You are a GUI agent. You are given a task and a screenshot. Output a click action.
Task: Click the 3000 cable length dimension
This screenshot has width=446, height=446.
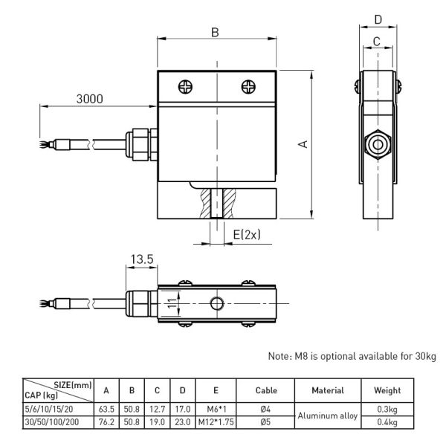click(88, 99)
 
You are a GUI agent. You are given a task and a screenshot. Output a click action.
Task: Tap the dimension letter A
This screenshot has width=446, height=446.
click(303, 143)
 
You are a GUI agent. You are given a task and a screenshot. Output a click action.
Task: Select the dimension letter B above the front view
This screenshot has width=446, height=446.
click(215, 32)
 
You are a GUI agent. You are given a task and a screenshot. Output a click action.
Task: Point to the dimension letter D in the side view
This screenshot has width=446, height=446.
click(378, 19)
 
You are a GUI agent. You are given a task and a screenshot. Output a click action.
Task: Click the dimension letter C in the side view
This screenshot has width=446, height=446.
click(377, 42)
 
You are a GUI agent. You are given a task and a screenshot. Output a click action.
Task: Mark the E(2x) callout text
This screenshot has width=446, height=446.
click(247, 235)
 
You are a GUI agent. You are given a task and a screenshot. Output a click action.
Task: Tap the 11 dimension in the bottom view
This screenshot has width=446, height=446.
click(170, 303)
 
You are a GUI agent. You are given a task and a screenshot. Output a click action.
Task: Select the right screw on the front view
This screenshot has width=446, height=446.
click(248, 85)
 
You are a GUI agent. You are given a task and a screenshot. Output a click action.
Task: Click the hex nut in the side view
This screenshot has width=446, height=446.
click(378, 143)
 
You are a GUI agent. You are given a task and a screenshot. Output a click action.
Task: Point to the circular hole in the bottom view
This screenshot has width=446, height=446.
click(216, 303)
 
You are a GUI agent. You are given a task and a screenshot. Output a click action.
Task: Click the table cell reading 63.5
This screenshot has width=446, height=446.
click(106, 410)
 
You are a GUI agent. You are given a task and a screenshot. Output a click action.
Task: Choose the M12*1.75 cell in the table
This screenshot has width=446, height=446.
click(214, 422)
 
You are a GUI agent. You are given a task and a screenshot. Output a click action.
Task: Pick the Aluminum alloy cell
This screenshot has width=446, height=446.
click(328, 416)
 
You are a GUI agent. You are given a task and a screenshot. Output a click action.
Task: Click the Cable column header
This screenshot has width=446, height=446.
click(265, 390)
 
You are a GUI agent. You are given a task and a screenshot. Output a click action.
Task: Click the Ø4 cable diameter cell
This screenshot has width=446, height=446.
click(265, 410)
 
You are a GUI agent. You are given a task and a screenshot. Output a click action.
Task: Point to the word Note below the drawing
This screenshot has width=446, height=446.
click(279, 356)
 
